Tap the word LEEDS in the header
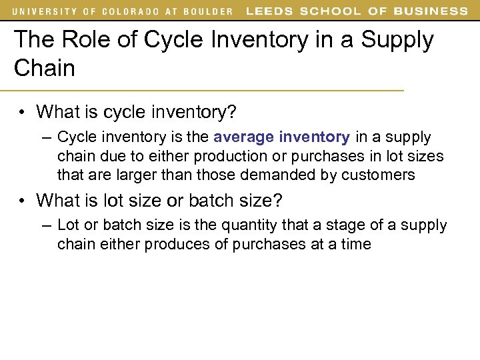coord(268,11)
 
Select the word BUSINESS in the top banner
coord(431,11)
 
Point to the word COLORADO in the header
coord(130,11)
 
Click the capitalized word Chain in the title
coord(45,67)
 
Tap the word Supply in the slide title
coord(398,40)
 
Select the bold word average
coord(243,137)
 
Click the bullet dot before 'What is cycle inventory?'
coord(23,112)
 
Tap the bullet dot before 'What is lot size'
coord(23,200)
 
